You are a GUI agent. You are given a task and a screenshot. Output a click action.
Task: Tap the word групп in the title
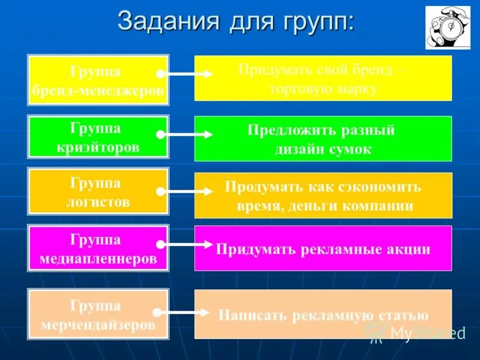314,22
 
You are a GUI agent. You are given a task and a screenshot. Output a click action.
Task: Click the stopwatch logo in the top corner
448,28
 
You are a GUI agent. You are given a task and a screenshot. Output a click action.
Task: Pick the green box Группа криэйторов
98,137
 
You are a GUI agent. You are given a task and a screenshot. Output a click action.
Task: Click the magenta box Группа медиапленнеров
98,249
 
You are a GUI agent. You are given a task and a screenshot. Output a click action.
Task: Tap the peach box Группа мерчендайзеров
98,315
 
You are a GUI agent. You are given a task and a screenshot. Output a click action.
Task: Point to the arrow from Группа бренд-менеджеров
186,74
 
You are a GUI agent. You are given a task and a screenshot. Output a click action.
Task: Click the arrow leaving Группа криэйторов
186,136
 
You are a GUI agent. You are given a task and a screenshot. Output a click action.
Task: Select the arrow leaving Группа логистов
186,192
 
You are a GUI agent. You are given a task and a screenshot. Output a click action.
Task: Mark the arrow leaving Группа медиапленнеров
186,245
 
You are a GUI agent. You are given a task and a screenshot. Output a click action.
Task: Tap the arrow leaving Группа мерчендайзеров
186,313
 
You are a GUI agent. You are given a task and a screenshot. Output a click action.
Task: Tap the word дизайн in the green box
298,149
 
